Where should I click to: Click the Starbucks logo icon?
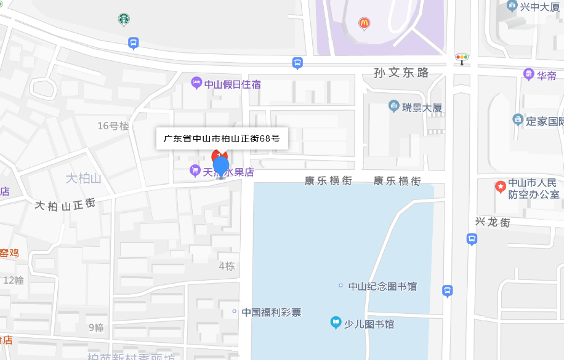124,20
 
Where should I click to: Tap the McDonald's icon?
365,23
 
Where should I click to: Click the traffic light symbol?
462,58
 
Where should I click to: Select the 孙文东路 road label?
401,73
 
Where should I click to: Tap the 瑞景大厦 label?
422,108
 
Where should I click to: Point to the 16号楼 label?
113,126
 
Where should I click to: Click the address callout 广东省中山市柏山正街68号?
222,138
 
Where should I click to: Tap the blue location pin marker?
220,167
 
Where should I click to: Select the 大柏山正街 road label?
65,204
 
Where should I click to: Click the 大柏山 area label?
83,178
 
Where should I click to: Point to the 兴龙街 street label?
492,222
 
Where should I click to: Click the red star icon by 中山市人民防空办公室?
501,185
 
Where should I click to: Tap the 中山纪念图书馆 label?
382,286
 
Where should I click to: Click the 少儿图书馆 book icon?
336,322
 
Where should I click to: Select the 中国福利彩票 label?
271,312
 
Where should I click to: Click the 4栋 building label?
227,266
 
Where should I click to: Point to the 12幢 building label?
14,280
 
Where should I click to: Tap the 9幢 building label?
96,327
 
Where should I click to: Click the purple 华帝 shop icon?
529,74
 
